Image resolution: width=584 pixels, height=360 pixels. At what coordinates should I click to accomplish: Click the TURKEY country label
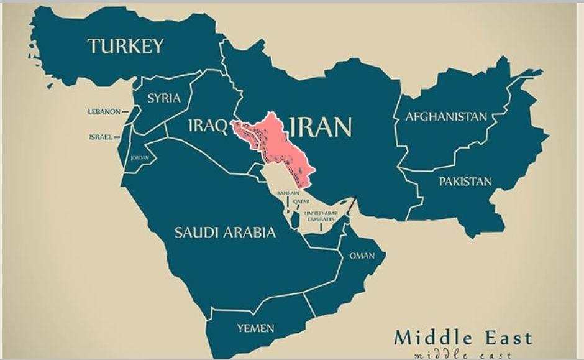[125, 46]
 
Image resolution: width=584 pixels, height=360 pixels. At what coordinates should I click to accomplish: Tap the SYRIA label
[164, 98]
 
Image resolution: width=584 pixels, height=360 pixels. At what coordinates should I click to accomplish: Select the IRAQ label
[208, 126]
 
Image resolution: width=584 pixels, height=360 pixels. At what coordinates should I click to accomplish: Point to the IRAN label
[321, 126]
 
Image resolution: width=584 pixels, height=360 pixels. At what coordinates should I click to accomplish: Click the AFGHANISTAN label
[446, 117]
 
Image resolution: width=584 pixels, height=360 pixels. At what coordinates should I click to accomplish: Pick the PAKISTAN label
[465, 182]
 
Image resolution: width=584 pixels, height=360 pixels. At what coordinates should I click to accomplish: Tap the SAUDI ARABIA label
[224, 233]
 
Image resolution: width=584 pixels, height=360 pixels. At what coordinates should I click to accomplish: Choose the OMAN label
[362, 256]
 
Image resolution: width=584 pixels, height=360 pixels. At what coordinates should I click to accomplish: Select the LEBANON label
[104, 112]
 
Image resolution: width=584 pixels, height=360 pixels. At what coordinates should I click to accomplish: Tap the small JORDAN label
[139, 158]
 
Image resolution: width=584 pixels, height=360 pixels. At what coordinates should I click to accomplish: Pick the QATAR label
[301, 202]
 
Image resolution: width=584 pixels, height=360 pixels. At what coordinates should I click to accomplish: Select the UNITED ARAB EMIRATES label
[321, 215]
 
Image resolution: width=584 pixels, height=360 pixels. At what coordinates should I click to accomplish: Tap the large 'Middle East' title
[463, 338]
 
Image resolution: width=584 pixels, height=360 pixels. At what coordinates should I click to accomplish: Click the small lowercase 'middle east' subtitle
[463, 354]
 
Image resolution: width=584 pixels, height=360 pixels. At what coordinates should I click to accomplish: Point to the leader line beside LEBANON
[127, 112]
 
